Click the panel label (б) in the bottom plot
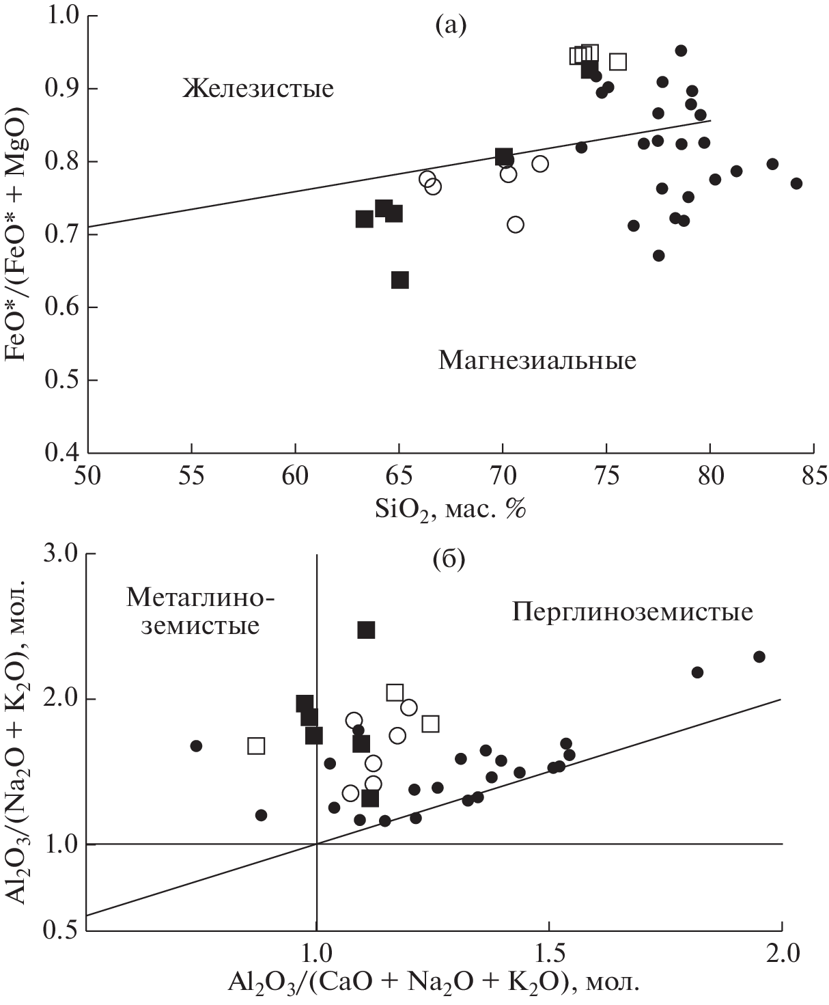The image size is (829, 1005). pyautogui.click(x=449, y=560)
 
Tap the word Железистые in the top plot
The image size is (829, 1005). pyautogui.click(x=258, y=88)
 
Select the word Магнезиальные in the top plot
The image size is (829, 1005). pyautogui.click(x=537, y=359)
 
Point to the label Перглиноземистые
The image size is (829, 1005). pyautogui.click(x=632, y=611)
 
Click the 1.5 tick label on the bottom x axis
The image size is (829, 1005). pyautogui.click(x=549, y=952)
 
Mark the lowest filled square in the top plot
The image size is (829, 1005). pyautogui.click(x=400, y=279)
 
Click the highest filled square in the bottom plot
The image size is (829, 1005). pyautogui.click(x=366, y=629)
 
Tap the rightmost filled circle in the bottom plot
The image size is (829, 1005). pyautogui.click(x=759, y=657)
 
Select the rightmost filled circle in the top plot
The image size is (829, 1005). pyautogui.click(x=796, y=183)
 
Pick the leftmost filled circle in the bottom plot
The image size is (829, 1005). pyautogui.click(x=196, y=745)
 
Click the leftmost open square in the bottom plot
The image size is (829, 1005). pyautogui.click(x=256, y=745)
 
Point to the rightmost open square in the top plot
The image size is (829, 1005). pyautogui.click(x=618, y=61)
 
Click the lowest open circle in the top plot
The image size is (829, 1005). pyautogui.click(x=516, y=224)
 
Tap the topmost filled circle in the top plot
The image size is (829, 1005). pyautogui.click(x=681, y=51)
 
